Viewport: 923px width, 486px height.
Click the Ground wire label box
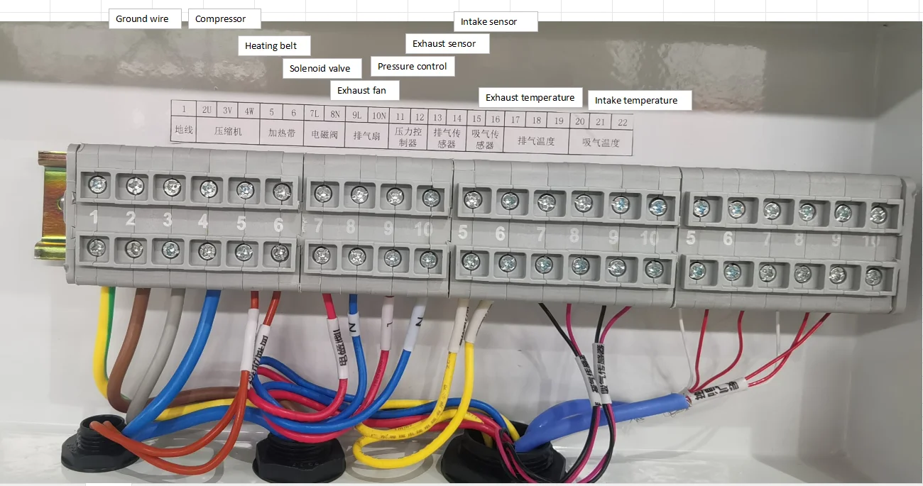[x=143, y=19]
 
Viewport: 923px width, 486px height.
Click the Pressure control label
[x=413, y=67]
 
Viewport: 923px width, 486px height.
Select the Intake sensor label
[x=495, y=22]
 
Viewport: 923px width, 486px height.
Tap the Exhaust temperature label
[x=530, y=98]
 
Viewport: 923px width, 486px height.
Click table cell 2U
[x=207, y=110]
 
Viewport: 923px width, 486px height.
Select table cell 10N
[x=378, y=116]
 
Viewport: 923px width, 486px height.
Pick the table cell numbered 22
[x=623, y=122]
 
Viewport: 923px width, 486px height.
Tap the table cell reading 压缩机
[x=229, y=131]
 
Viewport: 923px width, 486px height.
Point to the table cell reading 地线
[x=184, y=131]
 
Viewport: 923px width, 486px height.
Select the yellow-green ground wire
[x=102, y=341]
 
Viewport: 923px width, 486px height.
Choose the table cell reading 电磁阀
[x=325, y=133]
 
